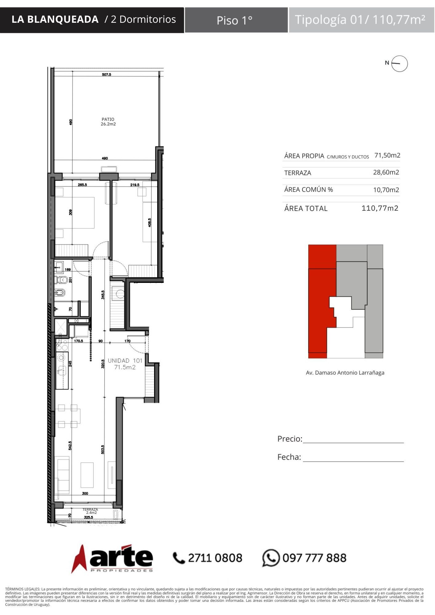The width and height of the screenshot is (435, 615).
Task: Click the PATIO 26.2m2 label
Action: tap(108, 121)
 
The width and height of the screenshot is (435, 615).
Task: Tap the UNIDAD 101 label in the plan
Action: tap(125, 361)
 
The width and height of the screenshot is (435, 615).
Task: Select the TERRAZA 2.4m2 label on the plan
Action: tap(90, 511)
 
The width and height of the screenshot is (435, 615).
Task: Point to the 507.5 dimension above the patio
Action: tap(106, 74)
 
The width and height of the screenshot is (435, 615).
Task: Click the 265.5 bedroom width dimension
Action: tap(82, 185)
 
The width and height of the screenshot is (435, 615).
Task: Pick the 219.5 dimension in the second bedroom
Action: tap(135, 185)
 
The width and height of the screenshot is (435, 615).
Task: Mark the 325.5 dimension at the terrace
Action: tap(89, 517)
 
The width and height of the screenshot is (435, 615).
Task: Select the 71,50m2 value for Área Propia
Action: tap(387, 155)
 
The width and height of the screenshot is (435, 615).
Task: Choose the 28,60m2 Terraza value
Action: tap(386, 172)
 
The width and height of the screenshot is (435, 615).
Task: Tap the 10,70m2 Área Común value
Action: tap(386, 190)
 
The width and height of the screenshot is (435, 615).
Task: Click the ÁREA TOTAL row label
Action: tap(306, 208)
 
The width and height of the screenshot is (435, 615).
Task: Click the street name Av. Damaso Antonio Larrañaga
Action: tap(345, 373)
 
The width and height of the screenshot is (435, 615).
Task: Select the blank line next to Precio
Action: tap(353, 443)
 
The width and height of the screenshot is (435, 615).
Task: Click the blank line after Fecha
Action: tap(353, 461)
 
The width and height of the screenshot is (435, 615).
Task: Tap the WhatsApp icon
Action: tap(271, 558)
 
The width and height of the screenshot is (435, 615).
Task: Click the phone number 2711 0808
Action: tap(215, 558)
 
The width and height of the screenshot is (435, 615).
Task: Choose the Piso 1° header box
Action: tap(236, 20)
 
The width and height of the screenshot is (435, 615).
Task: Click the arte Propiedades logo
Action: tap(112, 558)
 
